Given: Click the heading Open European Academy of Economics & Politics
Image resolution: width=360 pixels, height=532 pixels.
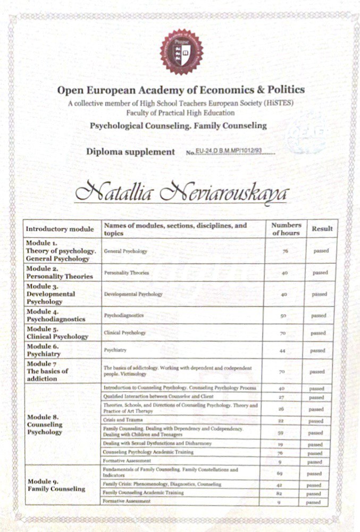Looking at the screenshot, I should [x=181, y=90].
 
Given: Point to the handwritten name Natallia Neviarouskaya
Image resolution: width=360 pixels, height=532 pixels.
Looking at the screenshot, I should [x=181, y=192].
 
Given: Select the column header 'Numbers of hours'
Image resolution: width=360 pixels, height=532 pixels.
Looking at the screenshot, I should [x=286, y=229].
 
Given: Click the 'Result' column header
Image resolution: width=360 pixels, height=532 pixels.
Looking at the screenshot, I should [x=322, y=229].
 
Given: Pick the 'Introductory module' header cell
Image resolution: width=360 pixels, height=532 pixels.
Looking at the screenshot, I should [x=60, y=229].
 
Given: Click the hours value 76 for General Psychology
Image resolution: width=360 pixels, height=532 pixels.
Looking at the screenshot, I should [x=285, y=250].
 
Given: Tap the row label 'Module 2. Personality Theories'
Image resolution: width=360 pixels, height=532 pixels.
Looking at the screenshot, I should [x=60, y=273].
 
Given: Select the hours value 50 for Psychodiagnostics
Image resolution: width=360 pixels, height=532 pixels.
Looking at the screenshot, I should [x=283, y=316].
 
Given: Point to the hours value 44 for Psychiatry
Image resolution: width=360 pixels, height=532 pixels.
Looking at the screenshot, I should [x=283, y=351].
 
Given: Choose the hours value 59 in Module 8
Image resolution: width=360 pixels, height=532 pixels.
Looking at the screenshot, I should [x=283, y=433].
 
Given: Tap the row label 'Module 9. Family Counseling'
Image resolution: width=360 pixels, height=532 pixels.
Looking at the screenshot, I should [x=56, y=485].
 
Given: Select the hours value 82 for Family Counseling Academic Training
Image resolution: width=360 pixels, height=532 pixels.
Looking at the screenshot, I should [x=283, y=493].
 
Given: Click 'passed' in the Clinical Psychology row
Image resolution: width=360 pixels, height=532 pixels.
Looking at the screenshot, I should [x=318, y=333].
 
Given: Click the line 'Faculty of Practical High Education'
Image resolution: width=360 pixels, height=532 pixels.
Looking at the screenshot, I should [x=181, y=113].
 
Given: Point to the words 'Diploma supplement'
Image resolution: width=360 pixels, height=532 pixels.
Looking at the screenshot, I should [x=130, y=152].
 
